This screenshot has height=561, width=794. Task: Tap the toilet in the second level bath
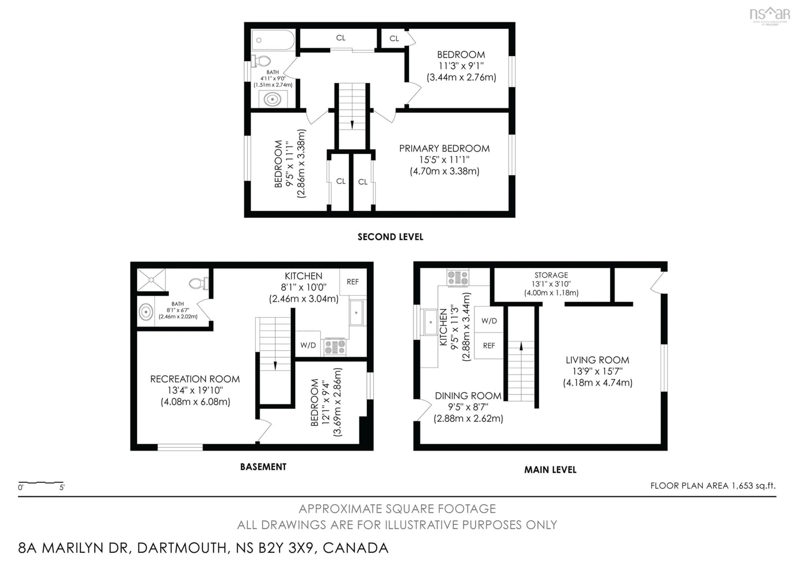point(262,61)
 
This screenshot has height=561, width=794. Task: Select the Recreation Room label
point(195,379)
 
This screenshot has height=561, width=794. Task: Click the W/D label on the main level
point(489,321)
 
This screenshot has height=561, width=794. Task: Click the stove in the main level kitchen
point(458,278)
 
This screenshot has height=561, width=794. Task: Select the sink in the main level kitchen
point(430,322)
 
